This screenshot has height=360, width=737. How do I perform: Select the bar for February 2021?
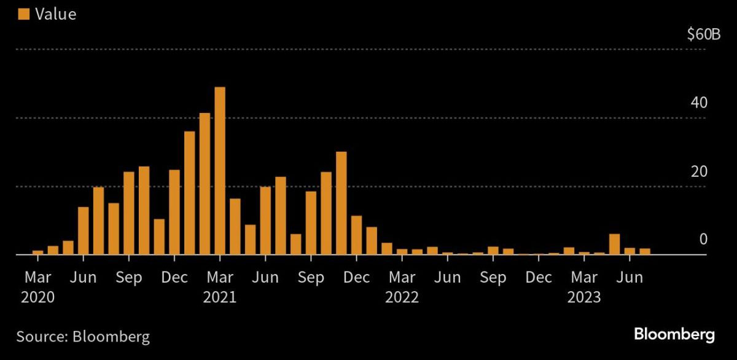tap(205, 184)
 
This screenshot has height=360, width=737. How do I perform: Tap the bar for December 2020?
tap(174, 212)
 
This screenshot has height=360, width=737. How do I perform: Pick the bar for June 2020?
tap(84, 230)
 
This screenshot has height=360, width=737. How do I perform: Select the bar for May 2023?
tap(614, 244)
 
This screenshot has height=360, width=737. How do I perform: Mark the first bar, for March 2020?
tap(38, 252)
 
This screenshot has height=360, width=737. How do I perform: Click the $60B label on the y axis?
tap(704, 34)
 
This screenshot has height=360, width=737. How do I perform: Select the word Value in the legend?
tap(55, 14)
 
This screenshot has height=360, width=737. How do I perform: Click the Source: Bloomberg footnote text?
tap(83, 336)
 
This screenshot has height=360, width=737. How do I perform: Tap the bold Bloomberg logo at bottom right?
tap(674, 335)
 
